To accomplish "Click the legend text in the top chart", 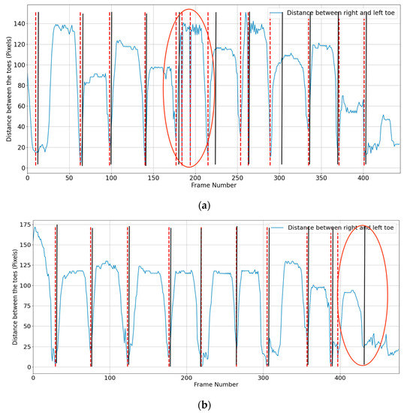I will [342, 14].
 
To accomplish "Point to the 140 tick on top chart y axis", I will [18, 24].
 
